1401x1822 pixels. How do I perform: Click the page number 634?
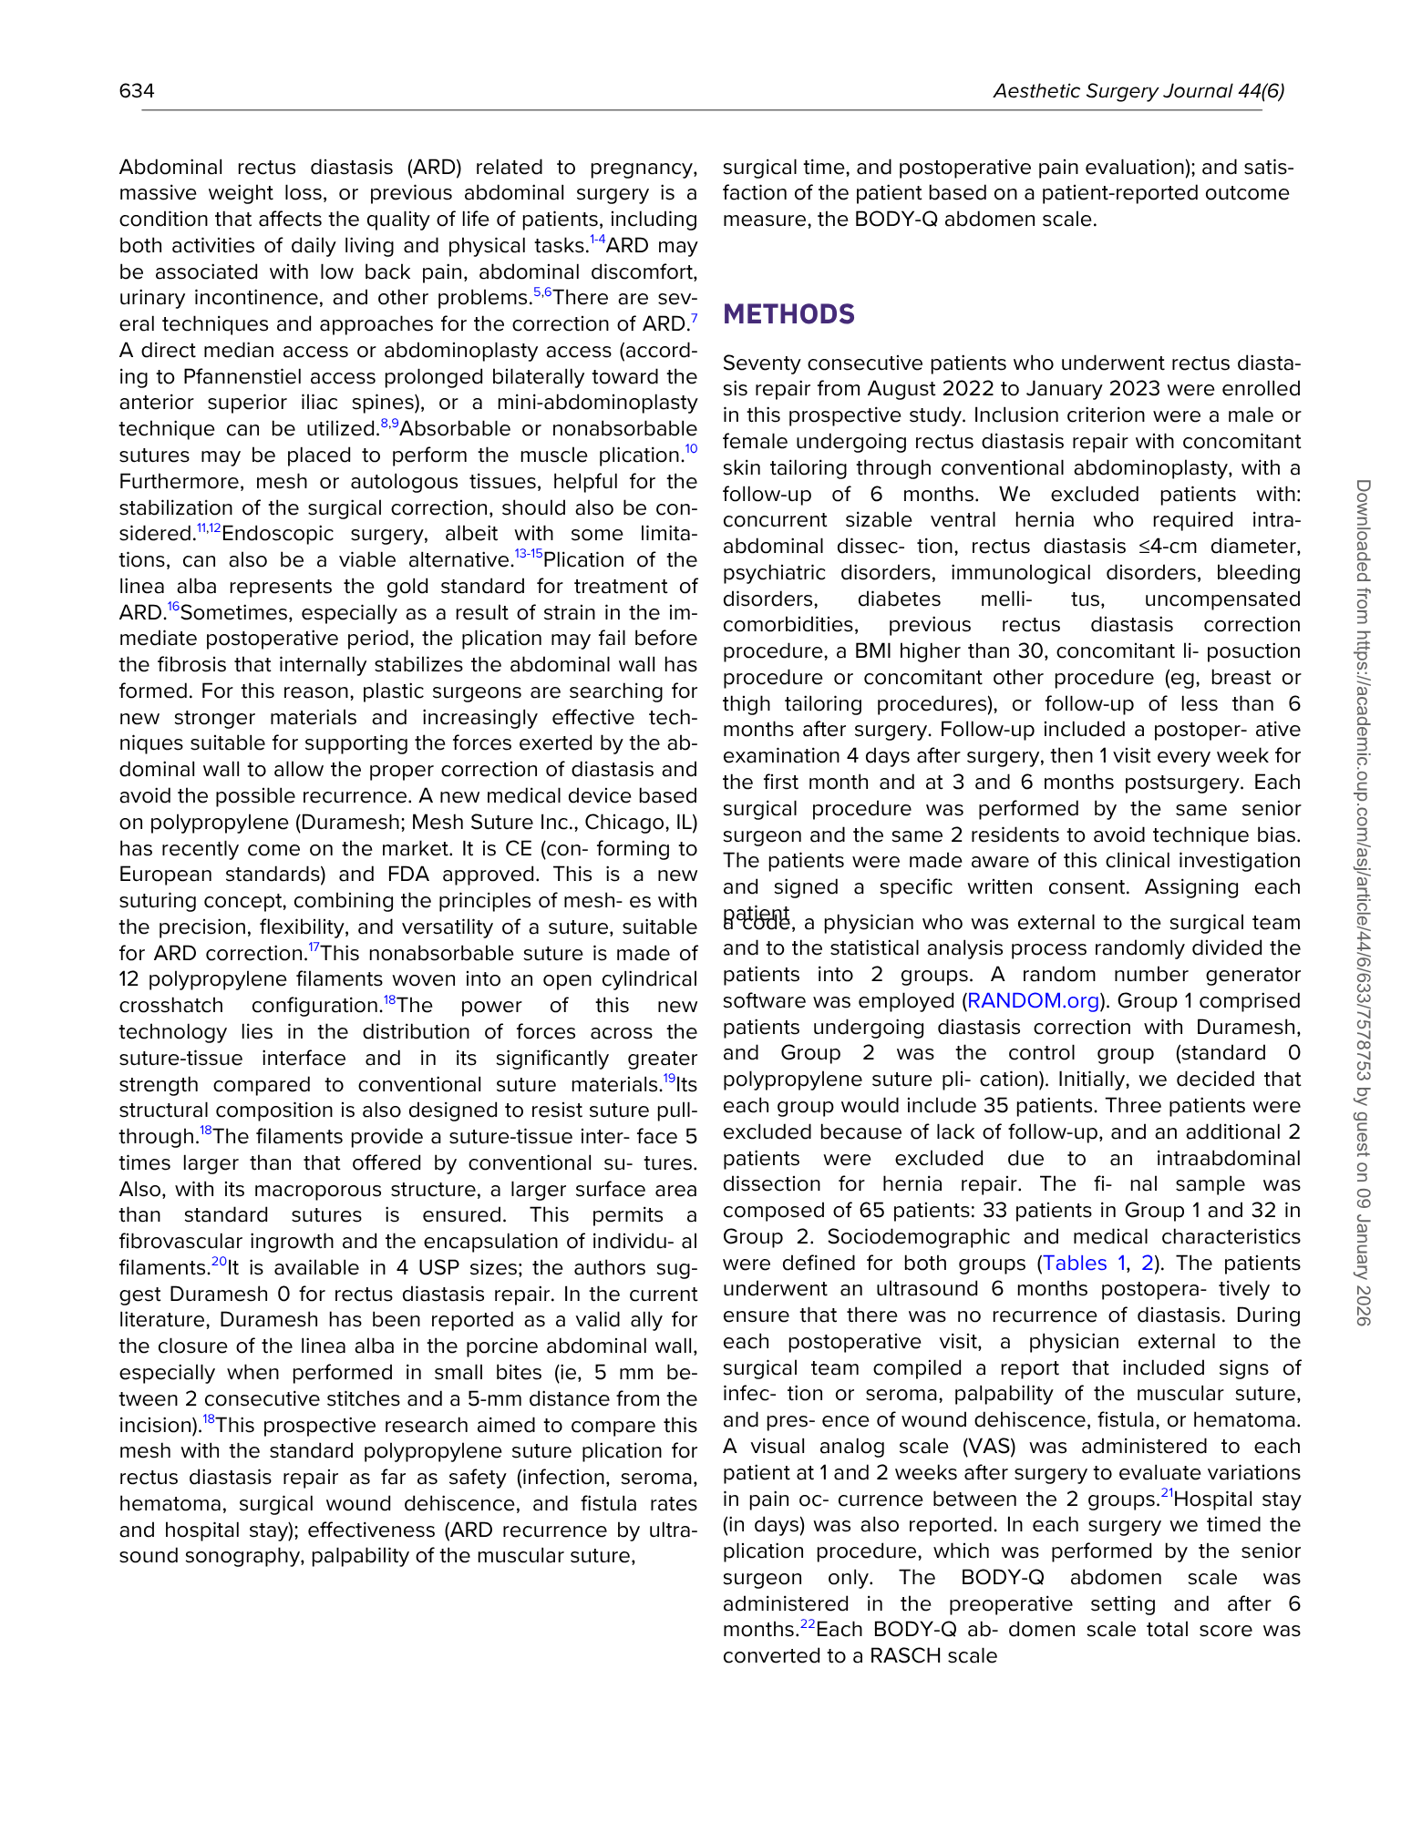pos(137,91)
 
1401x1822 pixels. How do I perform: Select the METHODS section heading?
pos(788,314)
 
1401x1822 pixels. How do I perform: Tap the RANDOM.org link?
pos(1033,1001)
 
